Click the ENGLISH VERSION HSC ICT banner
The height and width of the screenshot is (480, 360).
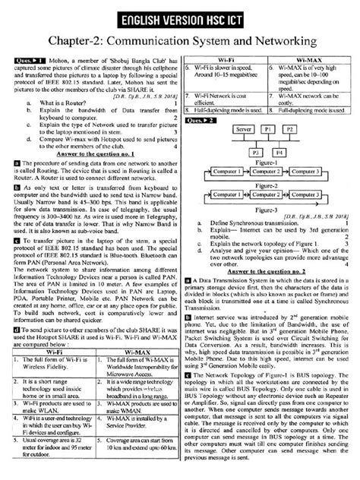point(179,17)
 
